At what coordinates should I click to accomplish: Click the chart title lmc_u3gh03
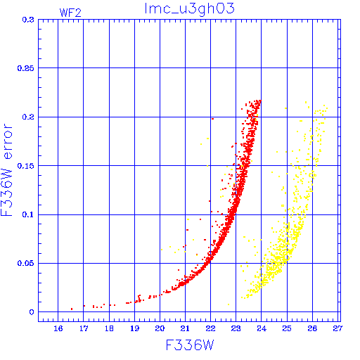(189, 8)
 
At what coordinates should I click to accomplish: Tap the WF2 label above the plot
(70, 13)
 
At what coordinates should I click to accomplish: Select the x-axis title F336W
(190, 345)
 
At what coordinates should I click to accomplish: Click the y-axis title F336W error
(6, 170)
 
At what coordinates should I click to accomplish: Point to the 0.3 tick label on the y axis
(28, 20)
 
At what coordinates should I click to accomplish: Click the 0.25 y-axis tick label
(26, 68)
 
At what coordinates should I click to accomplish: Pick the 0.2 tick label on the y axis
(28, 117)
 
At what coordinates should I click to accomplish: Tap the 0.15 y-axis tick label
(26, 166)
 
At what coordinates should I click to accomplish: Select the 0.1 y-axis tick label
(28, 214)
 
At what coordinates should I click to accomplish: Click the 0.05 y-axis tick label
(26, 263)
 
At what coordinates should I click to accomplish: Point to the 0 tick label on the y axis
(32, 312)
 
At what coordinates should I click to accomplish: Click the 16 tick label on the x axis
(58, 328)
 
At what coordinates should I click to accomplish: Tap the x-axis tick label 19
(134, 328)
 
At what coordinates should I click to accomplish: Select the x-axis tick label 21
(185, 328)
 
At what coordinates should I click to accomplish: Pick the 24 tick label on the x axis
(262, 328)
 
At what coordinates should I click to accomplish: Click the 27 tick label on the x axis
(337, 328)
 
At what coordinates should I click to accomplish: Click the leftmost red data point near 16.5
(72, 309)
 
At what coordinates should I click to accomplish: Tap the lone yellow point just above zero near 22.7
(229, 304)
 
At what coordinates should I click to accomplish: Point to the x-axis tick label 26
(312, 328)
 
